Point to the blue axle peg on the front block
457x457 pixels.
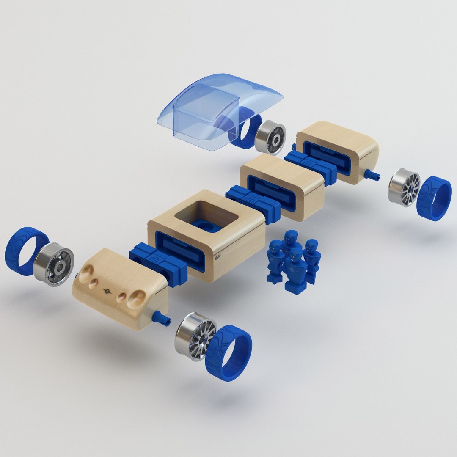162,318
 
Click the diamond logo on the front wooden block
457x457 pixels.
107,291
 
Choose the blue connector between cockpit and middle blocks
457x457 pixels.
253,202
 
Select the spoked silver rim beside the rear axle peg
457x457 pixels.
405,187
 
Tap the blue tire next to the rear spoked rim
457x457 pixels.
434,199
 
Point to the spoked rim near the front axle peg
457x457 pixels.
195,336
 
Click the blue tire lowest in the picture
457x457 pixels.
228,353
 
